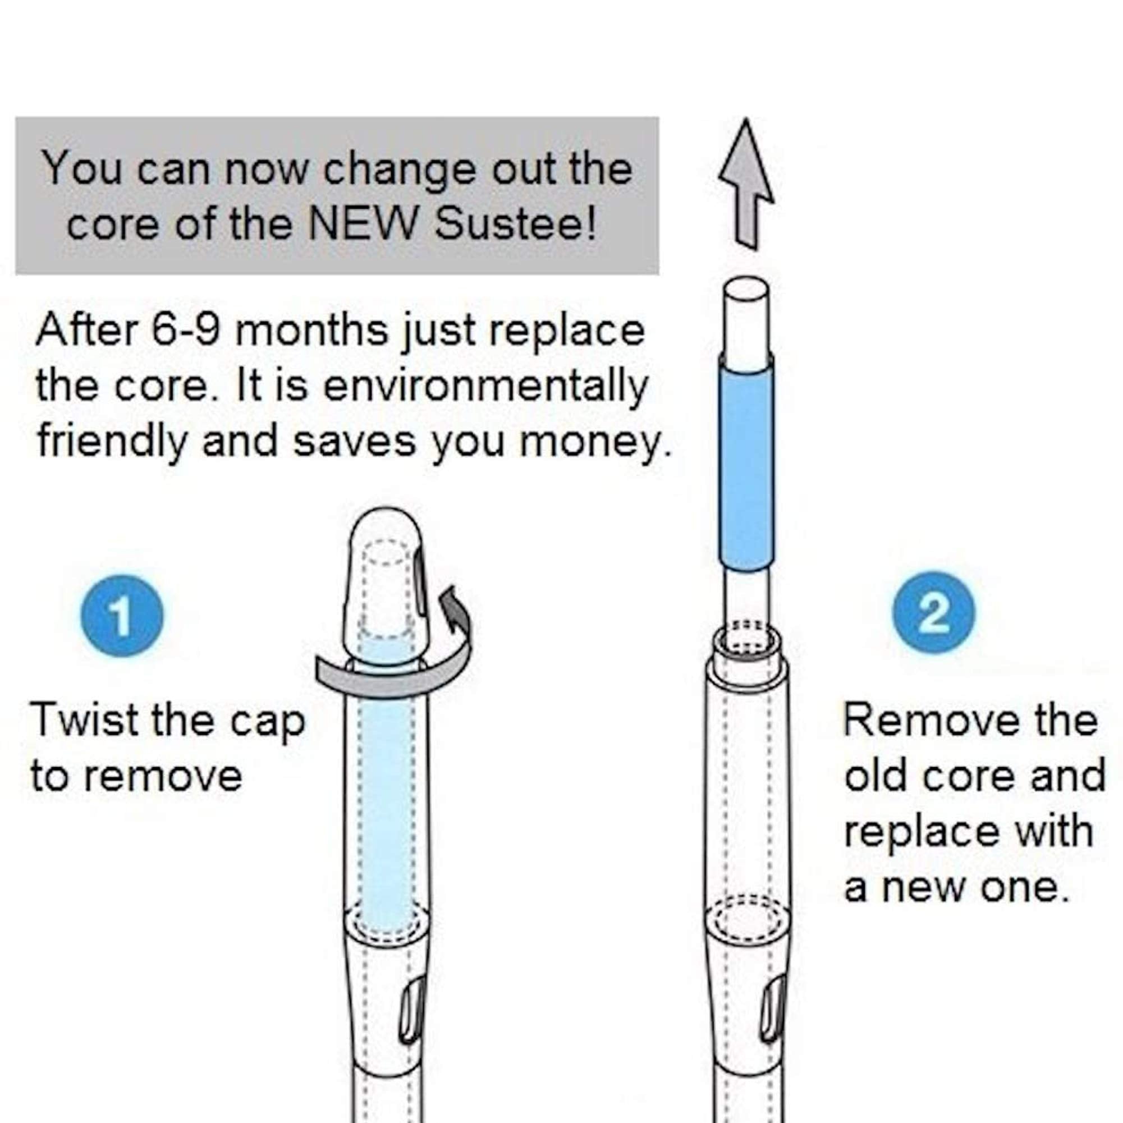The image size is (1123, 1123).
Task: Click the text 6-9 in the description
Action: (x=185, y=329)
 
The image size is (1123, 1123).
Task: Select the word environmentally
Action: (x=484, y=387)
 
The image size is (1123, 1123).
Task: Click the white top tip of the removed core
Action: (x=747, y=317)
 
